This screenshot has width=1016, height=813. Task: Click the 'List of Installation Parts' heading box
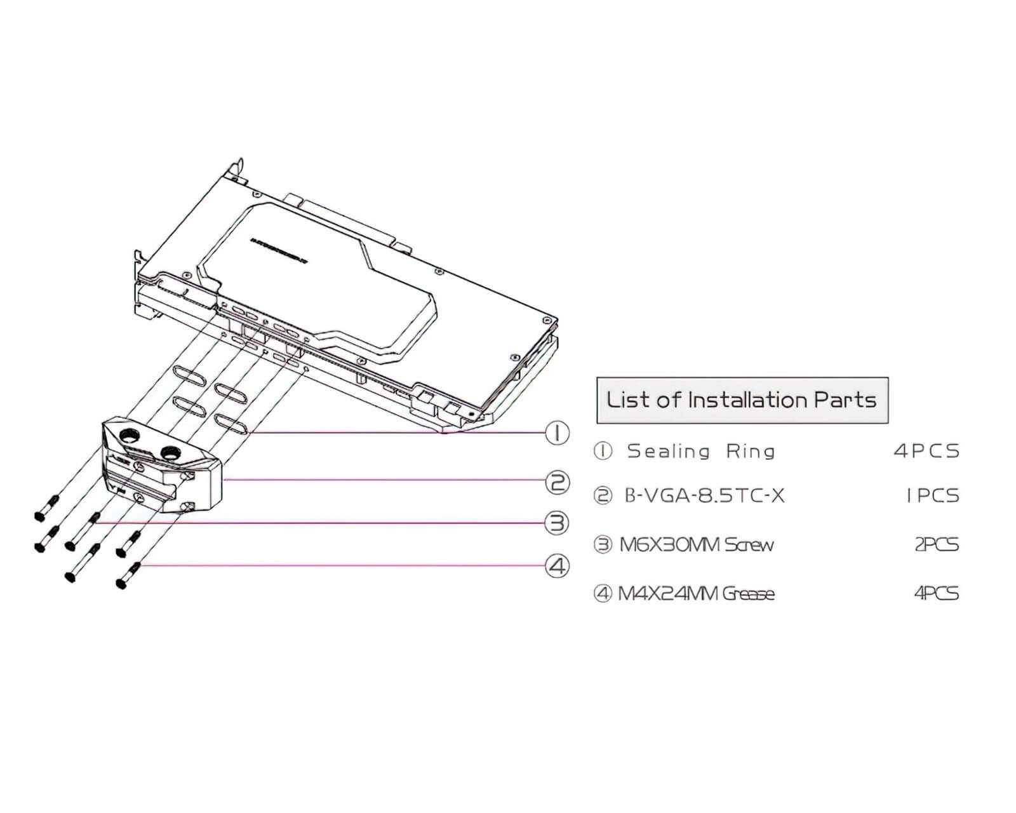click(742, 400)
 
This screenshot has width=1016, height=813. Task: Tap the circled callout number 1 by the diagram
click(557, 433)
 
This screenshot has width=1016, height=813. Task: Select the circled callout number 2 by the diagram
click(557, 482)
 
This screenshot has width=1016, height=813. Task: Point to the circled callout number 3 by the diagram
click(557, 523)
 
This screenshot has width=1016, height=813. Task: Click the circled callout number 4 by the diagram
click(557, 566)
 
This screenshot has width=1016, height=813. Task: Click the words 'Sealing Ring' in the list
click(701, 452)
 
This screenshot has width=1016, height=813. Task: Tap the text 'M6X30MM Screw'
click(696, 544)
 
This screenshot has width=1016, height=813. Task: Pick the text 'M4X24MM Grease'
click(696, 594)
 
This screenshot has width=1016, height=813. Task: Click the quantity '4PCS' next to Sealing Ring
click(926, 452)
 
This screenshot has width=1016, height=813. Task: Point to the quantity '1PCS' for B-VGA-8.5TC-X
click(932, 495)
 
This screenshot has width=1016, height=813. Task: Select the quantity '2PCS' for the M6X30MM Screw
click(936, 544)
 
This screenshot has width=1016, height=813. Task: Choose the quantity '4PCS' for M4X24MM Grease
click(936, 594)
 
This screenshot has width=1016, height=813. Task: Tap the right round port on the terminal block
click(170, 454)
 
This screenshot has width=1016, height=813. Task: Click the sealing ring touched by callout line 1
click(232, 423)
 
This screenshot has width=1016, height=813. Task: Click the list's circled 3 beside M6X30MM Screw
click(602, 544)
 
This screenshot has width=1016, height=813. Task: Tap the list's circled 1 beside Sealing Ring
click(602, 452)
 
